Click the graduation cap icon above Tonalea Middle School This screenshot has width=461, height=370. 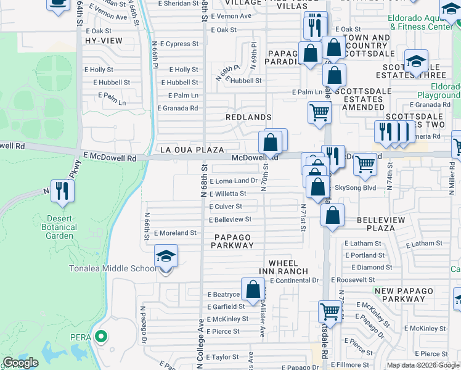coord(166,255)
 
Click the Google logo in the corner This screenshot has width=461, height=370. coord(20,363)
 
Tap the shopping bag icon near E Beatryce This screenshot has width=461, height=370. coord(253,288)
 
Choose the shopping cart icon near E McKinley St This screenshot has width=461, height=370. coord(330,311)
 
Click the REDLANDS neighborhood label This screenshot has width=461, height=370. coord(248,117)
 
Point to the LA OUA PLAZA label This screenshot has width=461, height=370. coord(191,150)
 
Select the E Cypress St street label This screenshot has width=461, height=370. coord(179,44)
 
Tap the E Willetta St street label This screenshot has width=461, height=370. coord(231,194)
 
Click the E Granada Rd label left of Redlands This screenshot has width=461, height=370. coord(177,108)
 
